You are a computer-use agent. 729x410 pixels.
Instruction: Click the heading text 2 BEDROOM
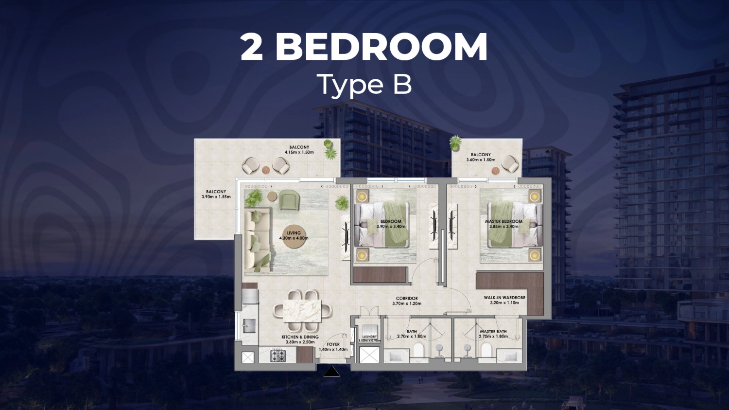(x=364, y=47)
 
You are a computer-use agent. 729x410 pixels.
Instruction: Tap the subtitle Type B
(x=364, y=85)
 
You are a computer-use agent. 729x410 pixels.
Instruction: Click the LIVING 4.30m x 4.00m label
(x=294, y=236)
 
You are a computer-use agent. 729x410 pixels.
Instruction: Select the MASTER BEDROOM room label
(x=503, y=224)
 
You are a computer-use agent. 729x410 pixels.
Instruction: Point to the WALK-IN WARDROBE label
(x=504, y=300)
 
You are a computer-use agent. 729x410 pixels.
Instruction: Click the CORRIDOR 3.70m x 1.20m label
(x=407, y=301)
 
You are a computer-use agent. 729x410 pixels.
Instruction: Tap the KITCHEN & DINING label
(x=300, y=339)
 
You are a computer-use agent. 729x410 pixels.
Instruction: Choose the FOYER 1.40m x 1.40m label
(x=333, y=347)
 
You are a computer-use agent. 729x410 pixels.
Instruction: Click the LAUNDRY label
(x=369, y=337)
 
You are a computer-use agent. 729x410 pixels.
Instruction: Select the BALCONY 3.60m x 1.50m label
(x=481, y=157)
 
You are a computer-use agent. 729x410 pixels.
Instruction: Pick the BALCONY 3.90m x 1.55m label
(x=216, y=194)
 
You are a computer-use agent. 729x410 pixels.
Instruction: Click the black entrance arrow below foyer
(x=331, y=372)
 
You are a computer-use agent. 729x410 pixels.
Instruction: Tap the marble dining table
(x=302, y=310)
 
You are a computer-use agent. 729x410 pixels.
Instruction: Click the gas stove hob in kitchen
(x=278, y=356)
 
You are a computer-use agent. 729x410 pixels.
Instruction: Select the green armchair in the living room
(x=289, y=199)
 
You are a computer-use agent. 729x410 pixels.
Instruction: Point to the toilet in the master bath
(x=486, y=350)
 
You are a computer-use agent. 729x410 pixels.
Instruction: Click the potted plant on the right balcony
(x=455, y=143)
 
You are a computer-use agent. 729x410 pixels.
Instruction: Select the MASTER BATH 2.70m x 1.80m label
(x=493, y=334)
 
